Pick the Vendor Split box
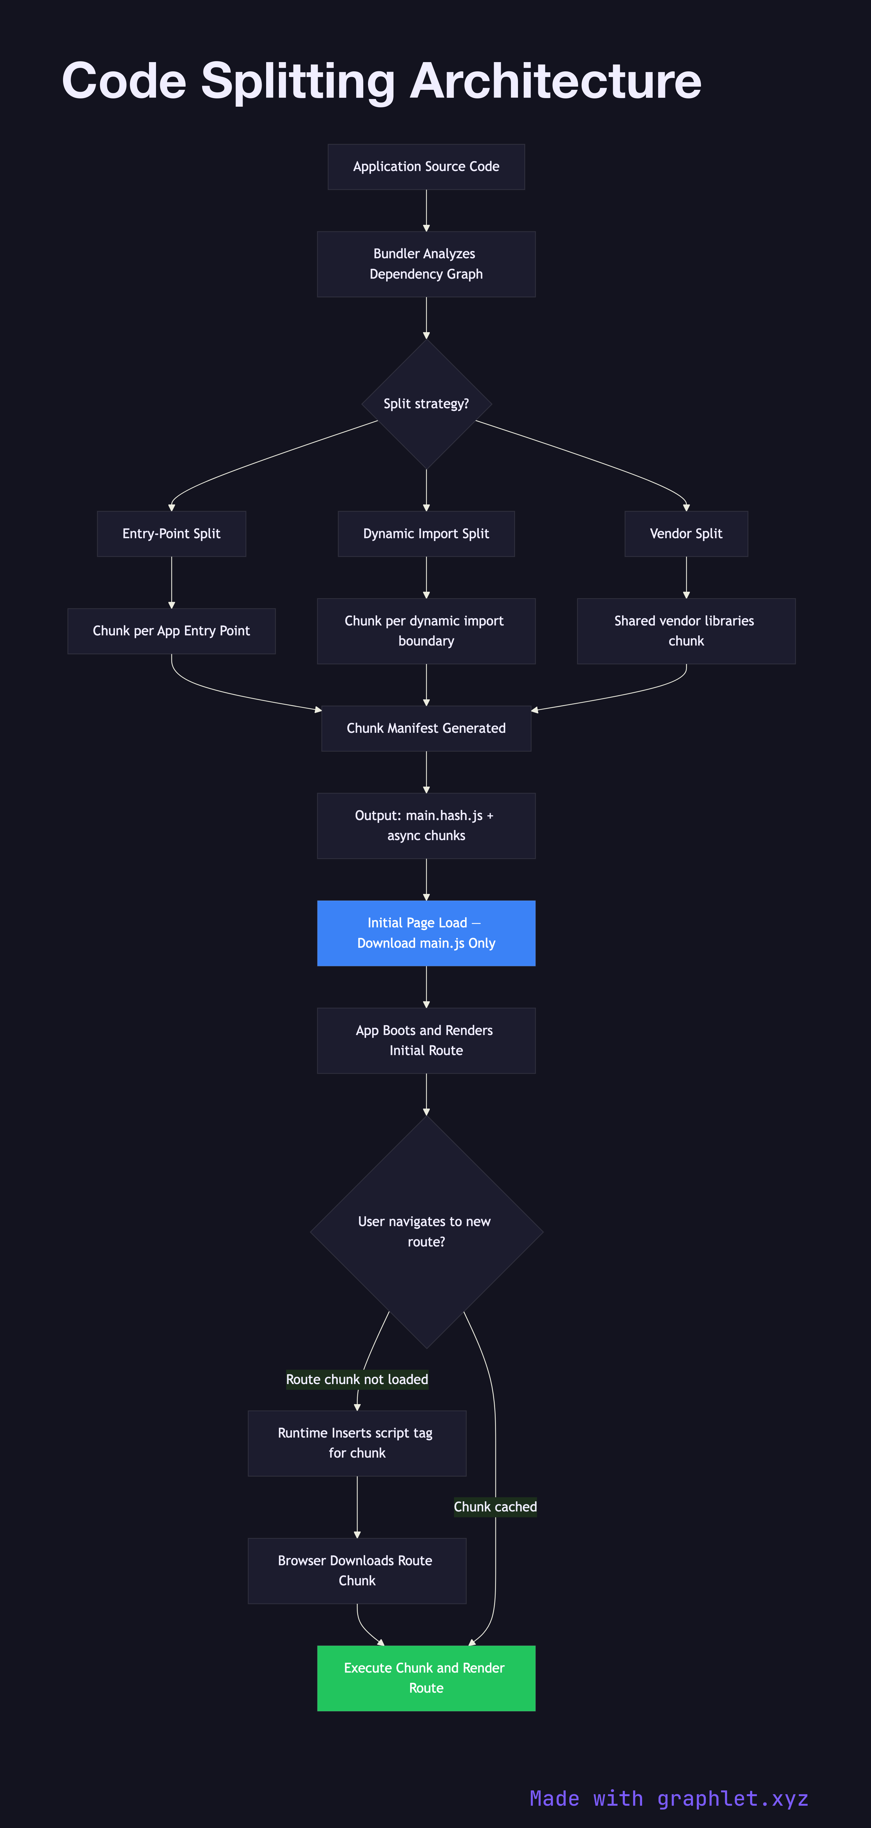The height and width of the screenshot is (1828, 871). point(686,534)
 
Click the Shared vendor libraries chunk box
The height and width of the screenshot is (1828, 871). point(686,631)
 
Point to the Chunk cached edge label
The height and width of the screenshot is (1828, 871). point(495,1507)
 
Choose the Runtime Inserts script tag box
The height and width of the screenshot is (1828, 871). point(357,1443)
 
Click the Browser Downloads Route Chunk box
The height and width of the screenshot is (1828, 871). point(357,1570)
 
